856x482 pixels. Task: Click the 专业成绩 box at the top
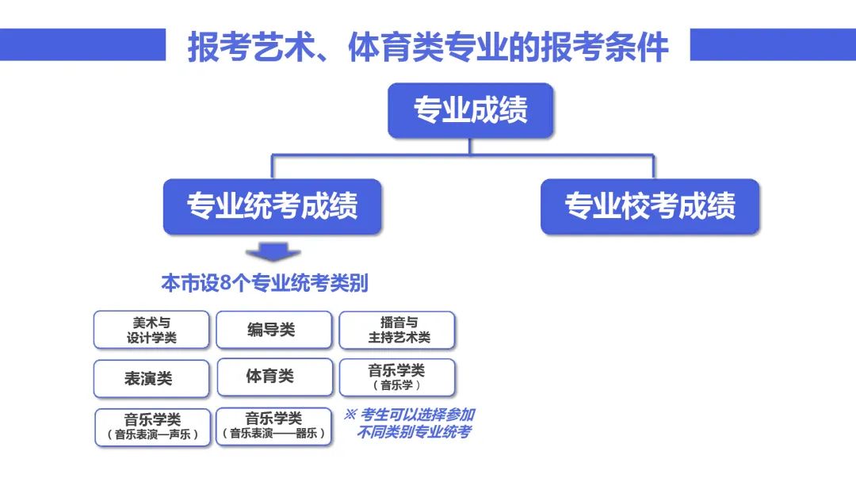point(470,110)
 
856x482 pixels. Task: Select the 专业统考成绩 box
point(272,206)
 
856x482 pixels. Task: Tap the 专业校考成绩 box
point(650,206)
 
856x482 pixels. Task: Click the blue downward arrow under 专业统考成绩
point(273,252)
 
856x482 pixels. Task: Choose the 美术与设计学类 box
point(151,330)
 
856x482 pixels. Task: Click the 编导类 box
point(273,330)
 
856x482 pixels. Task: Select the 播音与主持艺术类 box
point(397,330)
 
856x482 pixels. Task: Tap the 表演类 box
point(151,378)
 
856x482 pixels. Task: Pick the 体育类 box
point(274,377)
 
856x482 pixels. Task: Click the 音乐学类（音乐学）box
point(397,377)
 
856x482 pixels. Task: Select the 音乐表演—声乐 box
point(152,427)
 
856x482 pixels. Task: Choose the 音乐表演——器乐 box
point(273,427)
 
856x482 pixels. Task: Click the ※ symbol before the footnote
point(350,415)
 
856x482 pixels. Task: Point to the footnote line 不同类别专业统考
point(414,432)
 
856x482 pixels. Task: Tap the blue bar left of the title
point(82,44)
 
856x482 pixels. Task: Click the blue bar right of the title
point(773,44)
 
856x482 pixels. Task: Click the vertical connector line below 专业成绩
point(469,147)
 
